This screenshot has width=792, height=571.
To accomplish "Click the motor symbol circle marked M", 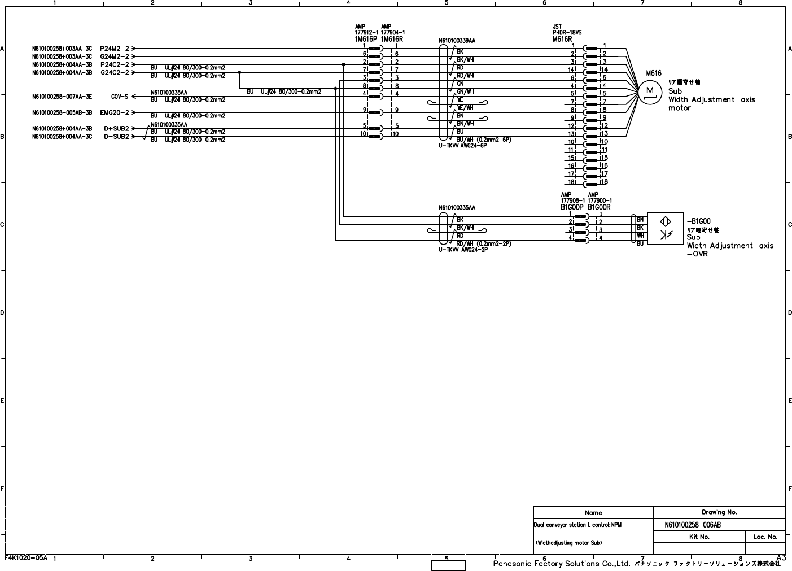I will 650,91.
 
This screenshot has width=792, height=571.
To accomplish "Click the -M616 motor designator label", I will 651,73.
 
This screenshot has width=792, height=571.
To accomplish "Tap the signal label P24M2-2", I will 115,49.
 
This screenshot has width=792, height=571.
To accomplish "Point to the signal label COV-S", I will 119,97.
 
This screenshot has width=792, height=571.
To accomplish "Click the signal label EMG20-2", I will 115,112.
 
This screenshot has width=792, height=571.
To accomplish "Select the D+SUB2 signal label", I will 116,129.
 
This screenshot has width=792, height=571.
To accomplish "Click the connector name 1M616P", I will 366,40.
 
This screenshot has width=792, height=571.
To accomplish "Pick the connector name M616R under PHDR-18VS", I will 562,39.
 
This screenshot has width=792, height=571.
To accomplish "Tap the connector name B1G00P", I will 571,207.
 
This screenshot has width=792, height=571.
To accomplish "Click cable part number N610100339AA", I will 457,41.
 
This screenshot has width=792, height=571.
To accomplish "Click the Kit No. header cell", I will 699,537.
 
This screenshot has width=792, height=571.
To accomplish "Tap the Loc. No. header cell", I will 765,537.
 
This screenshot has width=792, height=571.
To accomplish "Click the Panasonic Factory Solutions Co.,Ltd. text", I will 561,564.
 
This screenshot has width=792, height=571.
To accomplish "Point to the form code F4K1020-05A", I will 26,557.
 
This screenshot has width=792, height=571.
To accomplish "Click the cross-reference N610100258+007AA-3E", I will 62,97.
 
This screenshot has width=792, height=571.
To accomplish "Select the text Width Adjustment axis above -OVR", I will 730,246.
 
